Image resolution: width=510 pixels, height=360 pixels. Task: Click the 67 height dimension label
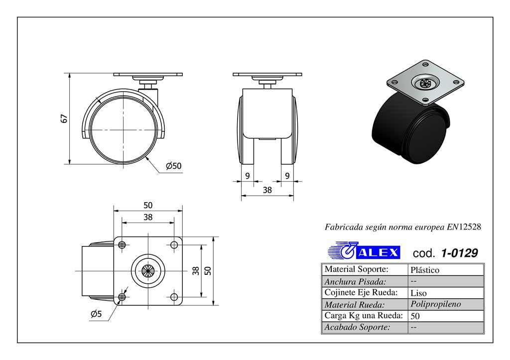63,119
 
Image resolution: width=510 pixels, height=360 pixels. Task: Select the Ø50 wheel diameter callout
173,166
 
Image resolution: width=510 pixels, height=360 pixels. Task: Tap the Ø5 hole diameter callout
97,314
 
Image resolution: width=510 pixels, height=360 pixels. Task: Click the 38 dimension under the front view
267,190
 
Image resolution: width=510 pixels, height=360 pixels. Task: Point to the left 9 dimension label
248,175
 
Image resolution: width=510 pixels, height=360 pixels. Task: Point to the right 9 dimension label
287,175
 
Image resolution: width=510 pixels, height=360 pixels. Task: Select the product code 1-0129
459,253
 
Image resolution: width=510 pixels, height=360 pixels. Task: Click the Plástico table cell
425,270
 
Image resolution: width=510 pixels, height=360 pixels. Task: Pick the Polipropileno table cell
436,304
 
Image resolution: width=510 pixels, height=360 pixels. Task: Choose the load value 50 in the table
415,316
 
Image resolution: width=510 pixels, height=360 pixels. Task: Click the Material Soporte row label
356,269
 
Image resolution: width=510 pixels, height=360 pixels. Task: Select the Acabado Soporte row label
357,327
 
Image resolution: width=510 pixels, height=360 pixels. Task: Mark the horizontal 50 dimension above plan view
148,205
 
